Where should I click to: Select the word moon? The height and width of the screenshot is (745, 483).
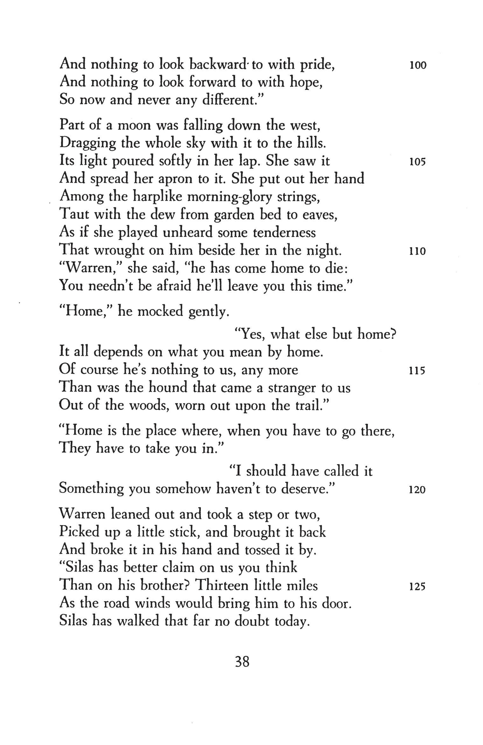[134, 125]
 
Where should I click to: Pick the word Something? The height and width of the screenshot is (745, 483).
[91, 489]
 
